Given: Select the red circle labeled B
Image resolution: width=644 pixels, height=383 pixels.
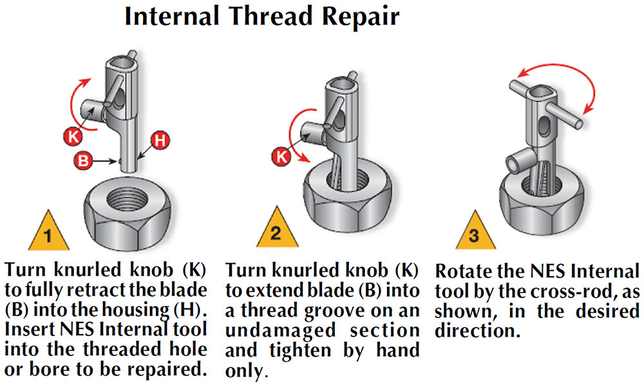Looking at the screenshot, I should [82, 161].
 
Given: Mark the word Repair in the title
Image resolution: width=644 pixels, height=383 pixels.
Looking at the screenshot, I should [361, 17].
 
